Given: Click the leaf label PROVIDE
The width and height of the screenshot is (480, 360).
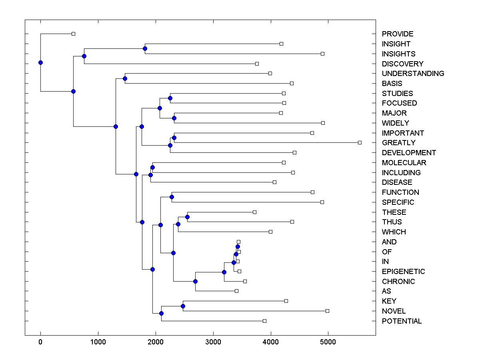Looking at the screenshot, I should [x=397, y=34].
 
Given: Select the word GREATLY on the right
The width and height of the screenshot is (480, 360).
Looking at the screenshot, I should [x=398, y=143].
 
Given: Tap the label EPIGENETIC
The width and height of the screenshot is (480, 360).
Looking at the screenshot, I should [x=403, y=272].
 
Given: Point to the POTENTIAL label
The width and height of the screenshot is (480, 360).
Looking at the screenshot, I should [x=402, y=321].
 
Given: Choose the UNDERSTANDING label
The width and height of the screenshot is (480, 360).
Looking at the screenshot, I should [x=413, y=74].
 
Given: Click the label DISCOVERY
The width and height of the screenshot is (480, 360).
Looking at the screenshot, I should [x=402, y=64].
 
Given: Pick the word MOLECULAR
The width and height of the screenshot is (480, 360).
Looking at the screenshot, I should [x=404, y=163].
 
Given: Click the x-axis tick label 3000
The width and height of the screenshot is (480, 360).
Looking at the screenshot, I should [x=213, y=342].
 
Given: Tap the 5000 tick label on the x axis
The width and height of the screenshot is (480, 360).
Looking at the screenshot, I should [x=328, y=342].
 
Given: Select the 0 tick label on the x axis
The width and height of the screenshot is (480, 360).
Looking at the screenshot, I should [x=40, y=342].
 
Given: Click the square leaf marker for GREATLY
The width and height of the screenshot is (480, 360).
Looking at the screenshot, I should [x=360, y=142].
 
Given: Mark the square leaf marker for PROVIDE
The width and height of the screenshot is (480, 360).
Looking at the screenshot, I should [x=73, y=34].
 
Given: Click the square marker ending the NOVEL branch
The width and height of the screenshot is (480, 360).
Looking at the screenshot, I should [x=327, y=311].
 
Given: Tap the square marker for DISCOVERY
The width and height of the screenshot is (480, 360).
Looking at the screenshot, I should [x=257, y=64].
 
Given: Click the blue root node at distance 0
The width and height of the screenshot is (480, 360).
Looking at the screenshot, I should [x=40, y=62].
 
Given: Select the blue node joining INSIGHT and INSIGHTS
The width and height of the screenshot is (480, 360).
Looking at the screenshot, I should [x=145, y=48].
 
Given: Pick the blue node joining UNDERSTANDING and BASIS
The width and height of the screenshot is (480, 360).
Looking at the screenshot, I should [x=125, y=78].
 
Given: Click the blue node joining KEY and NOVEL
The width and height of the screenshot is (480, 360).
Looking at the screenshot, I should [x=183, y=306].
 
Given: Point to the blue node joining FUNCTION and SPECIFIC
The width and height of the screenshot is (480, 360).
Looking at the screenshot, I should [x=172, y=197].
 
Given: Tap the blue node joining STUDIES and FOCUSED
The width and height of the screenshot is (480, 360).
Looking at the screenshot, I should [x=170, y=98].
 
